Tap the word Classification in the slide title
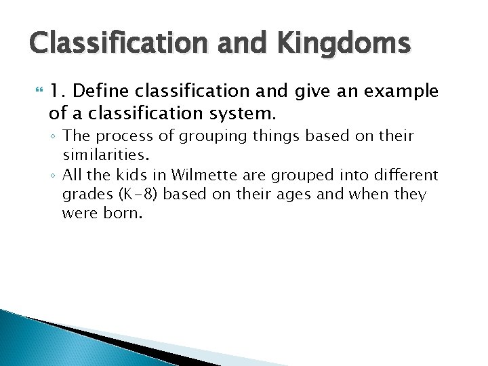pos(110,42)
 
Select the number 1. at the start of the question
pos(59,91)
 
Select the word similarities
pos(102,155)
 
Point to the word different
pos(403,176)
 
